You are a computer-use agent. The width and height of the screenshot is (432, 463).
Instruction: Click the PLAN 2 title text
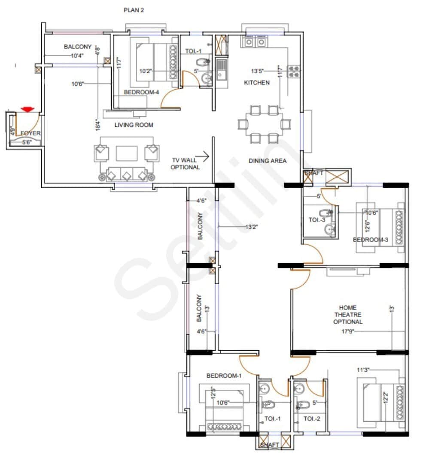pyautogui.click(x=134, y=10)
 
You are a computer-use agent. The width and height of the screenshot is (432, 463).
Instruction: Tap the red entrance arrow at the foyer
pyautogui.click(x=28, y=110)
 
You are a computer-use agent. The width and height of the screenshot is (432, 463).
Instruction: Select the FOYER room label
pyautogui.click(x=30, y=133)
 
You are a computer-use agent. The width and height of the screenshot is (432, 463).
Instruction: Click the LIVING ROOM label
pyautogui.click(x=134, y=125)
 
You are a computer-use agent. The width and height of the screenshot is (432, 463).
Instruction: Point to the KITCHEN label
pyautogui.click(x=257, y=82)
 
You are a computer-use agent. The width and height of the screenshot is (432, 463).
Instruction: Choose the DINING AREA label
pyautogui.click(x=268, y=161)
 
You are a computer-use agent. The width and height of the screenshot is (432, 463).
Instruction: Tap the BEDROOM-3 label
pyautogui.click(x=370, y=240)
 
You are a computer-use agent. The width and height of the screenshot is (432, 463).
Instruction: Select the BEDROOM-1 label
pyautogui.click(x=224, y=376)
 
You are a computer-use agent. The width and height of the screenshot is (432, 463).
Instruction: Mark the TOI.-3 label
pyautogui.click(x=317, y=220)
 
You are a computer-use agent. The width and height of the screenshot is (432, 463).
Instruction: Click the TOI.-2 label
pyautogui.click(x=312, y=419)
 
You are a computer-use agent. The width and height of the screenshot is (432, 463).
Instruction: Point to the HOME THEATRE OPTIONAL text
pyautogui.click(x=348, y=315)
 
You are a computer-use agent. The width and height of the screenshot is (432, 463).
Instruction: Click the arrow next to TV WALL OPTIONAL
pyautogui.click(x=205, y=157)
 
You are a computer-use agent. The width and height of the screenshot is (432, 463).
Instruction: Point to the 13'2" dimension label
pyautogui.click(x=252, y=227)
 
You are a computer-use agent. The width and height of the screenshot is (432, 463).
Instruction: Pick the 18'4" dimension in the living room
pyautogui.click(x=98, y=124)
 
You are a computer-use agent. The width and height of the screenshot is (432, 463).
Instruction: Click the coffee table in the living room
pyautogui.click(x=127, y=153)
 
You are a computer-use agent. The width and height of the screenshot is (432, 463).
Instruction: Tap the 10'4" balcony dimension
pyautogui.click(x=77, y=55)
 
